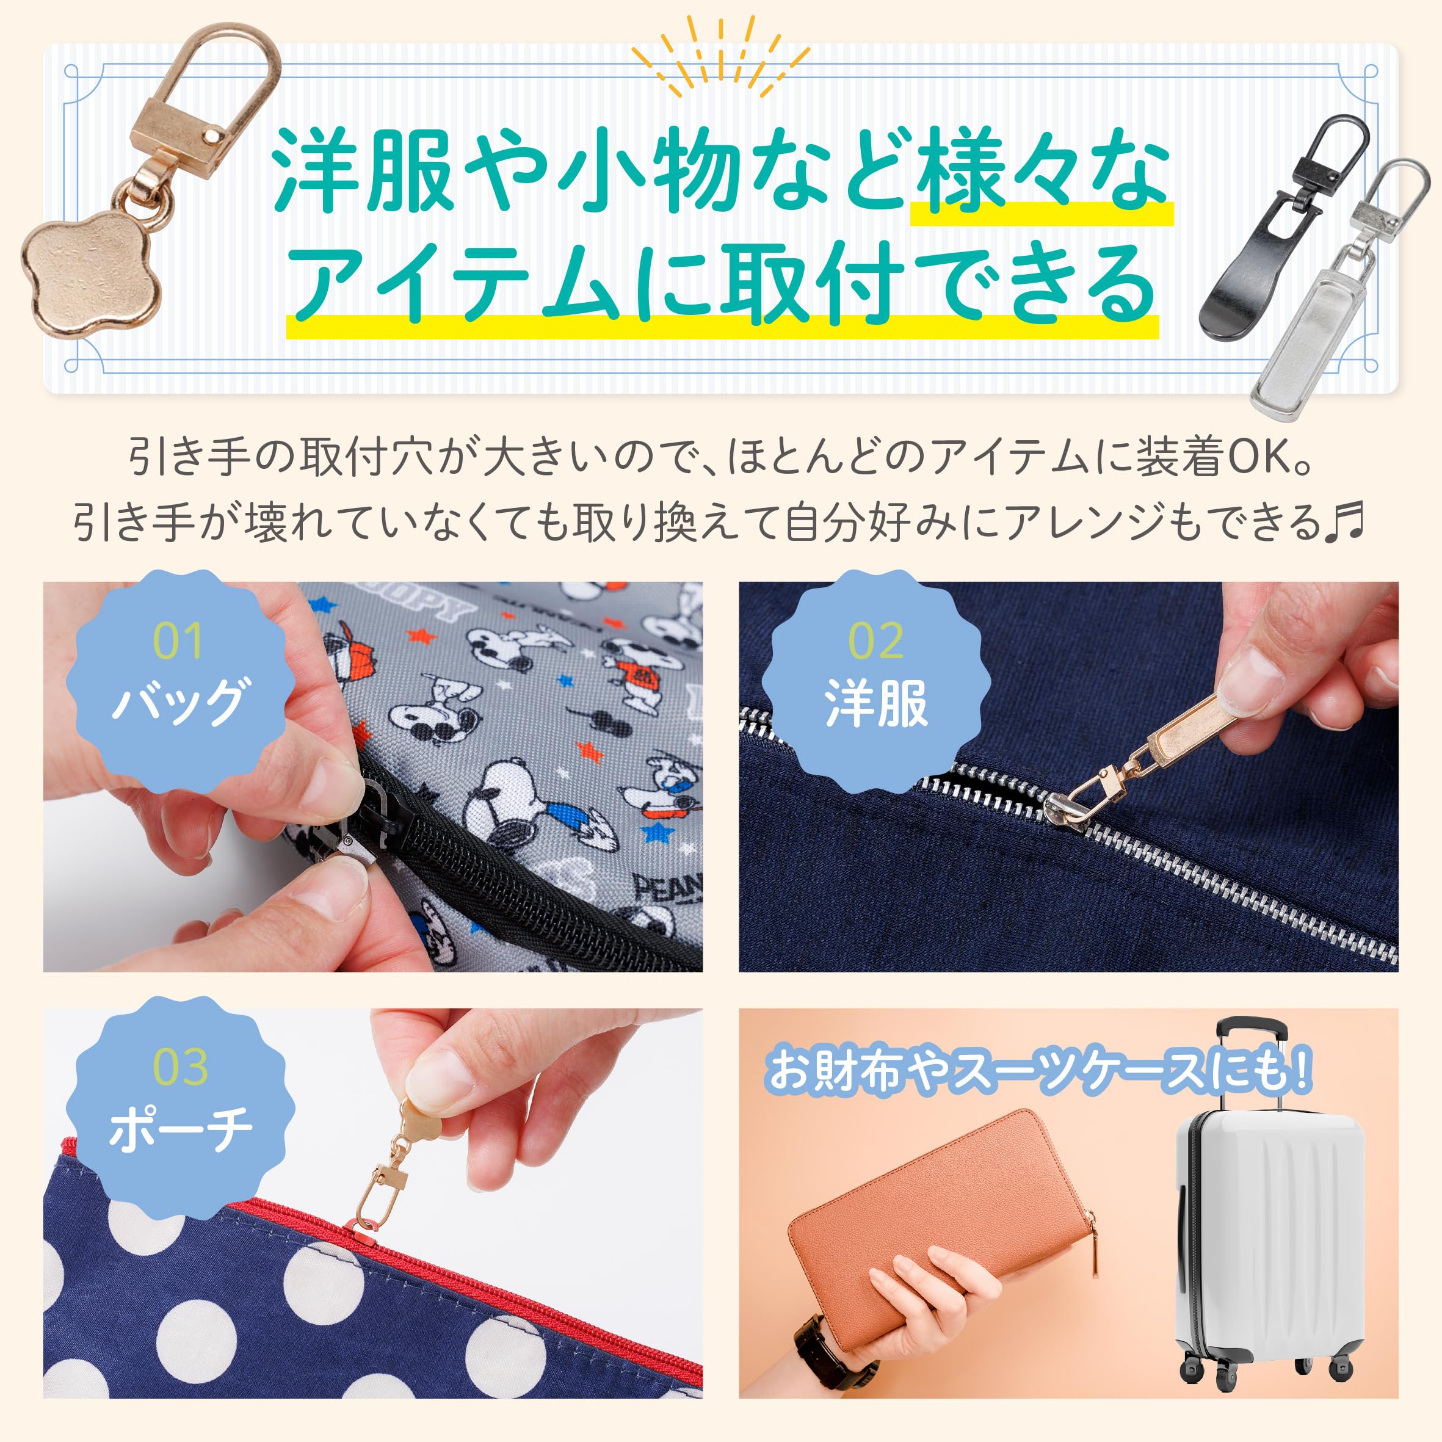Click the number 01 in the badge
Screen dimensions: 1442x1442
point(178,641)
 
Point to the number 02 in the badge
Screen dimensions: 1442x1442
point(875,641)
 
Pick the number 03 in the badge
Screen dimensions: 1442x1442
point(180,1068)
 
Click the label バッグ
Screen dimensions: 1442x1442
point(178,701)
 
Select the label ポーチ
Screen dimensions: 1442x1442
point(180,1129)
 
